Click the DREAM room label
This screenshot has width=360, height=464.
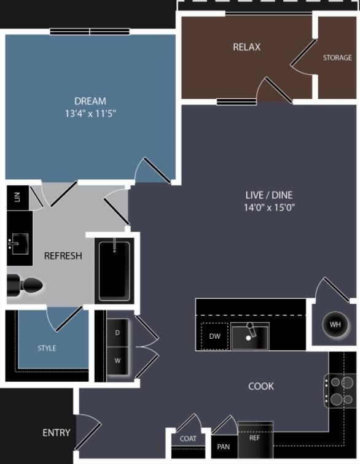[x=90, y=101]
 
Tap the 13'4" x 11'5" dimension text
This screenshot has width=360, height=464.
[x=90, y=114]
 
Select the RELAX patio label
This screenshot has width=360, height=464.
[x=246, y=47]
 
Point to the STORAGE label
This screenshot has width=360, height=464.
[x=337, y=58]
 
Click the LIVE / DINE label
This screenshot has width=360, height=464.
[x=269, y=195]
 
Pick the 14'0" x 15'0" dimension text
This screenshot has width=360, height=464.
[x=269, y=207]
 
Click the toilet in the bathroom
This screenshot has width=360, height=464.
[x=25, y=285]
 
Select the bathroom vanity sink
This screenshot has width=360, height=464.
[x=18, y=244]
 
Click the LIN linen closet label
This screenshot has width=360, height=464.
[x=17, y=197]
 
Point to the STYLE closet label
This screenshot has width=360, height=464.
[x=47, y=348]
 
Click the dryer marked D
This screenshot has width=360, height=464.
[x=117, y=333]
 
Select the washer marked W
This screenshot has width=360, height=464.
[x=117, y=361]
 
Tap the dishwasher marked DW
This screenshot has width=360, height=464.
[x=214, y=336]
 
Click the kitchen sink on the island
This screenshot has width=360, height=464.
[x=250, y=336]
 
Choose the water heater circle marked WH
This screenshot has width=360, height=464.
[x=335, y=324]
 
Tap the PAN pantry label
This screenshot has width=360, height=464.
[x=224, y=447]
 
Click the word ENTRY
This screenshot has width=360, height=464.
[x=57, y=433]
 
